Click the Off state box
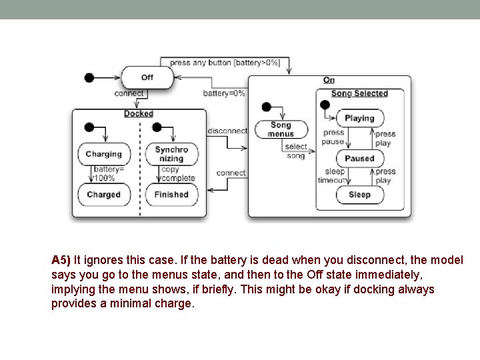tap(147, 77)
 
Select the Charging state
tap(103, 154)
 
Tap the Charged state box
tap(103, 195)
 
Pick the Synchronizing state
tap(171, 154)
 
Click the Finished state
tap(171, 195)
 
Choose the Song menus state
tap(281, 129)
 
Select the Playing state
tap(359, 118)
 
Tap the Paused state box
tap(359, 159)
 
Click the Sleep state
tap(359, 195)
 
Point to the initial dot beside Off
tap(89, 77)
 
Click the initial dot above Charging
tap(89, 127)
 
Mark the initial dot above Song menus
tap(267, 107)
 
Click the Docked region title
tap(139, 114)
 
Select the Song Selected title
tap(359, 94)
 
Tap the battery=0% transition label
tap(224, 93)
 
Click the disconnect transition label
tap(227, 131)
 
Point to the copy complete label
tap(177, 174)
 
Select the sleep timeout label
tap(333, 176)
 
